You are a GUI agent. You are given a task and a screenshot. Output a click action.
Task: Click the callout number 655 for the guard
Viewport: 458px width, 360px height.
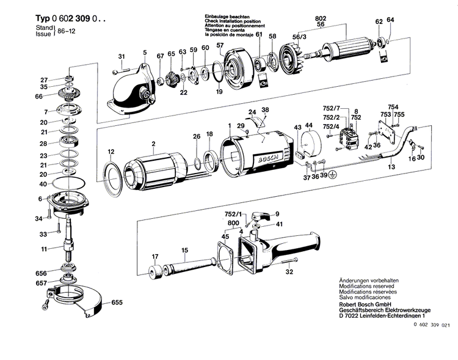point(117,303)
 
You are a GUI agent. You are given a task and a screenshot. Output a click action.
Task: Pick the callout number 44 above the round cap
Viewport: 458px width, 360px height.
point(309,126)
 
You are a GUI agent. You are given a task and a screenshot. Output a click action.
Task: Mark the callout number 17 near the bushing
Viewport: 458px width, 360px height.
point(154,257)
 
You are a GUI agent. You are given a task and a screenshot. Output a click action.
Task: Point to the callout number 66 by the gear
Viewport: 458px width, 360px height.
point(39,97)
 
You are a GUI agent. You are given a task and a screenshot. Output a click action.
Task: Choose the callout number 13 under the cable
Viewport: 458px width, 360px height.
point(391,166)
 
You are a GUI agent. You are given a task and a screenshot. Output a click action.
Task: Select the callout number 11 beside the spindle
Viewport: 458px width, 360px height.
point(44,249)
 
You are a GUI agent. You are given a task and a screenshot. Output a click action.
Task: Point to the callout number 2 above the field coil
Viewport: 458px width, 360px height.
point(154,144)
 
